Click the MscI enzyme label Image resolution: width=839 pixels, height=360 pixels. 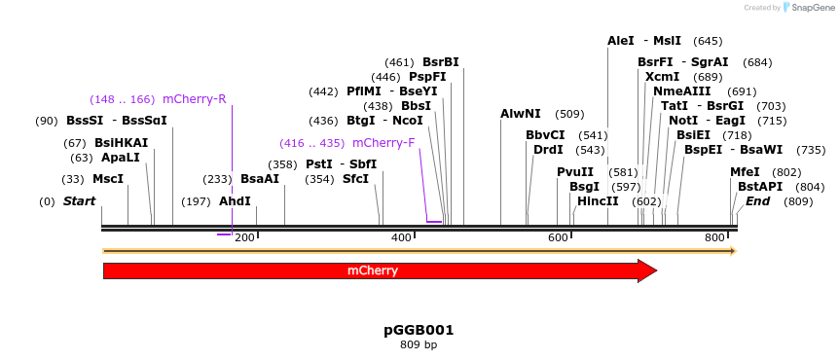click(107, 179)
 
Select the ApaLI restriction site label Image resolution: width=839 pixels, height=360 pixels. click(120, 157)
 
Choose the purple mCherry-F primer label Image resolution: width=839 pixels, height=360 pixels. click(383, 142)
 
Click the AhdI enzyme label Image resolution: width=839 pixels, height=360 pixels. click(235, 201)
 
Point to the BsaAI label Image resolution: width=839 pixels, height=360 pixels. click(260, 179)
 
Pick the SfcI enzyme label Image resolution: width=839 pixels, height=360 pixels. click(355, 179)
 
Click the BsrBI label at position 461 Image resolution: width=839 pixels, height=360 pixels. click(441, 62)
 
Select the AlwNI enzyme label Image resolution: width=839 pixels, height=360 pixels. click(521, 114)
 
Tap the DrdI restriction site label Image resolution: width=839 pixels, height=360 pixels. click(548, 150)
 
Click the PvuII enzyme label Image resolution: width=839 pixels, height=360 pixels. click(575, 172)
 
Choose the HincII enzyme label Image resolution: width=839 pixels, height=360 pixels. click(598, 201)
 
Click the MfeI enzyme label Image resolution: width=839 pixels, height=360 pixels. click(745, 172)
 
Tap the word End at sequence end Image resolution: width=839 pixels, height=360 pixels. click(758, 201)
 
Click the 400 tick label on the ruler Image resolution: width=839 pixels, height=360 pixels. click(401, 237)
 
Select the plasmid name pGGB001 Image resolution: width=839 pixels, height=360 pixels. click(419, 330)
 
